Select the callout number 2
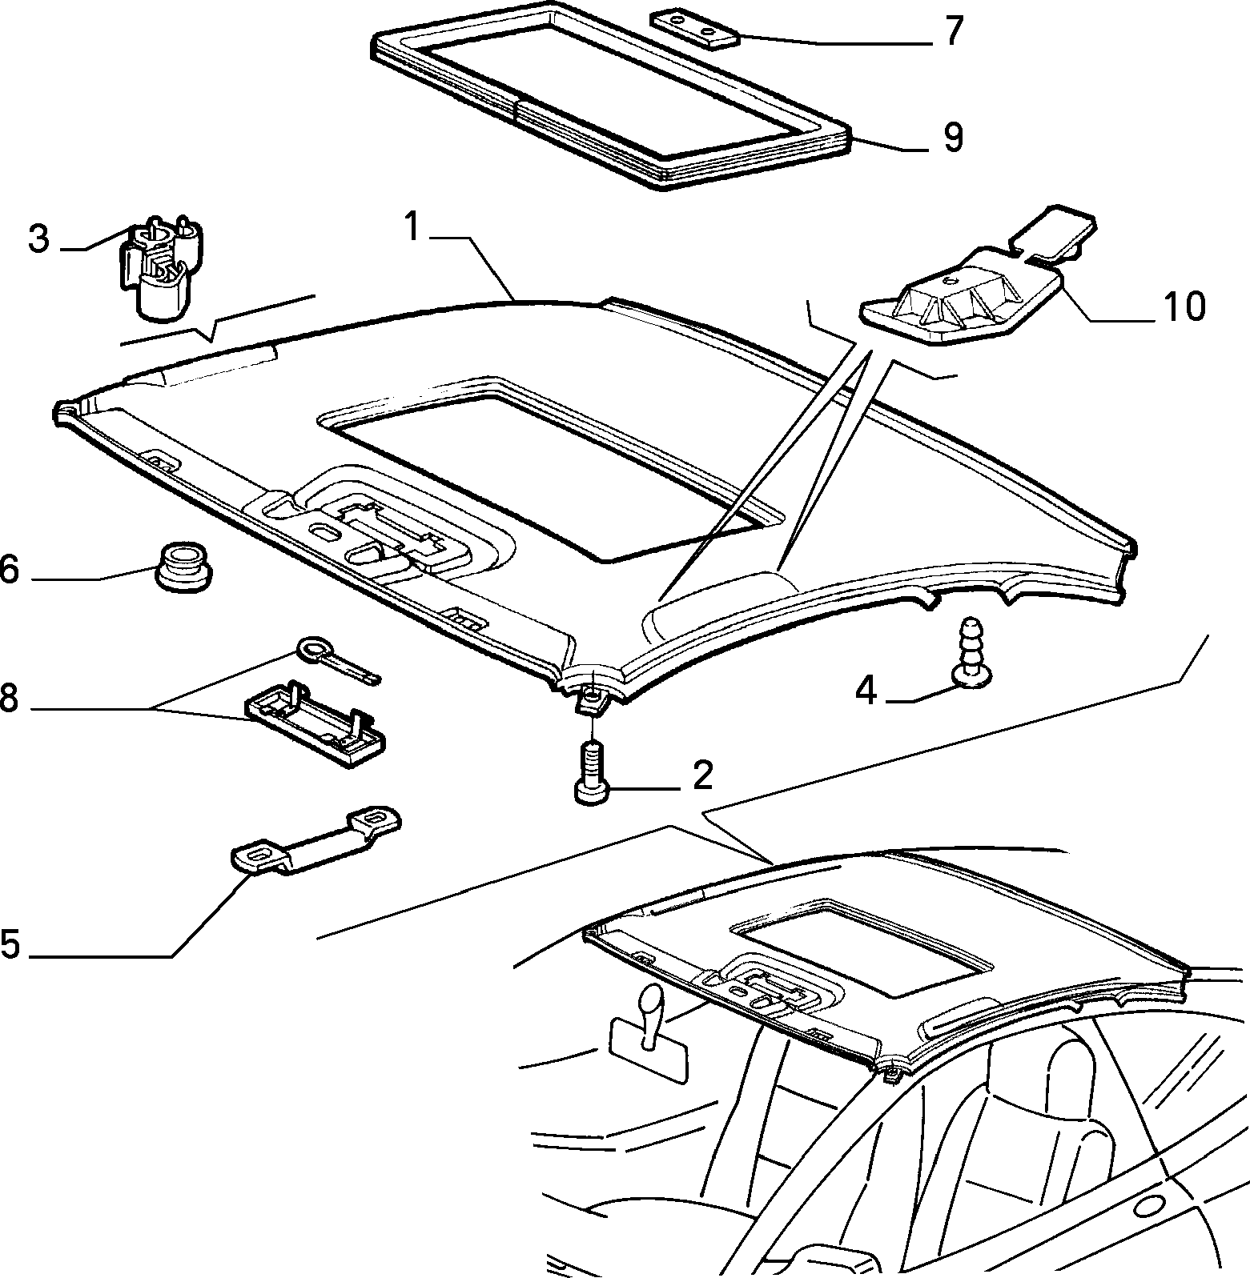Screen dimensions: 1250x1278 pos(702,775)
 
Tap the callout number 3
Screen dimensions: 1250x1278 pos(38,239)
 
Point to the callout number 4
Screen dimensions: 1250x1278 pos(866,690)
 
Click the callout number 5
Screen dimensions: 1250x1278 pos(10,944)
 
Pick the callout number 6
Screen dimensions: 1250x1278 pos(9,571)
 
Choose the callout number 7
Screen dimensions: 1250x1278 pos(952,34)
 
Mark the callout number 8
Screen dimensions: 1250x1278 pos(8,698)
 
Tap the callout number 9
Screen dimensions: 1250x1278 pos(952,137)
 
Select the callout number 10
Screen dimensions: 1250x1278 pos(1184,306)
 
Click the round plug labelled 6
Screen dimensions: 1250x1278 pos(183,566)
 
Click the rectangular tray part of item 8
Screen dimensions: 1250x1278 pos(316,723)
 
